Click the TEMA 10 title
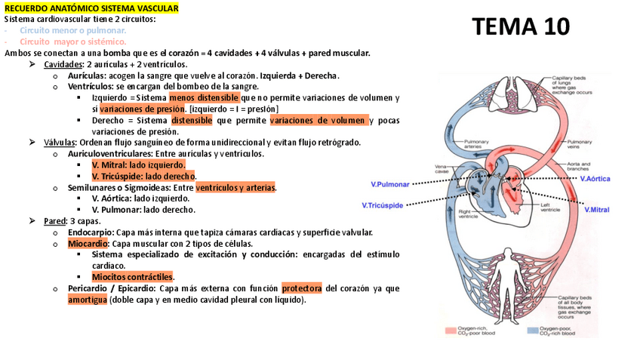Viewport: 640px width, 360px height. [x=521, y=28]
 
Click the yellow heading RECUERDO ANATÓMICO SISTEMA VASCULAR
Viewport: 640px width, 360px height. [x=91, y=8]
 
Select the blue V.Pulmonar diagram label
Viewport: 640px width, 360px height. [x=390, y=184]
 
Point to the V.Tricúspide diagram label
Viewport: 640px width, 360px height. [x=383, y=205]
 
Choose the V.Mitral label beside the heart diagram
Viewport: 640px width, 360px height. [x=596, y=210]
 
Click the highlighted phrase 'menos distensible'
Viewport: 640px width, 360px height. [x=204, y=98]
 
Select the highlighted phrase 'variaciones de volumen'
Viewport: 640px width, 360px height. [x=318, y=120]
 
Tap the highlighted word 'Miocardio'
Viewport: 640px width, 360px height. [x=88, y=244]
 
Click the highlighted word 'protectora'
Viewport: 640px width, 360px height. [x=301, y=288]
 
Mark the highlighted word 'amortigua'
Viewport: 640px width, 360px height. [x=87, y=300]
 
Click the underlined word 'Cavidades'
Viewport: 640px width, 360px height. [x=63, y=64]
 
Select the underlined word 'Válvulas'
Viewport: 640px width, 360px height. [x=60, y=143]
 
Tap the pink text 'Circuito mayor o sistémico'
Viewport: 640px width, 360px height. [x=73, y=42]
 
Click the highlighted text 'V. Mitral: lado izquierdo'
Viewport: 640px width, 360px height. [x=138, y=165]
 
